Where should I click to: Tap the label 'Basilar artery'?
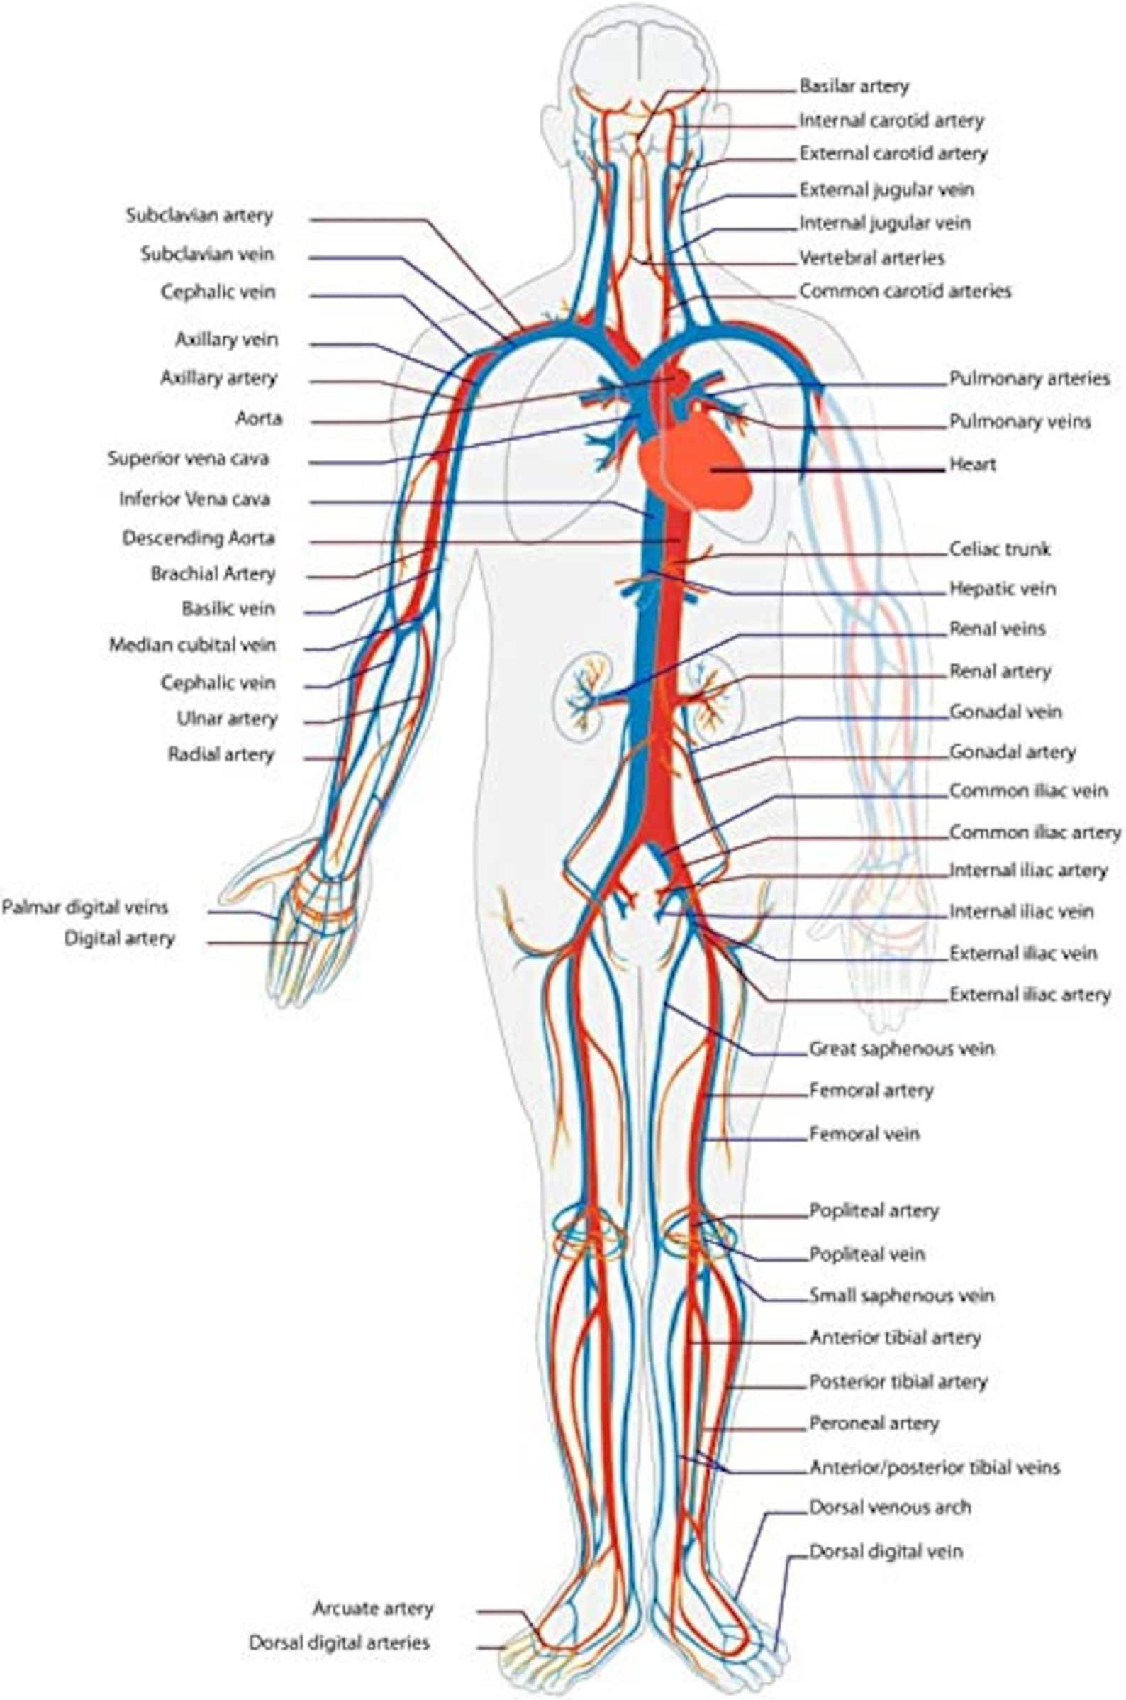pos(854,87)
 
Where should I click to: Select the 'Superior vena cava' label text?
pos(188,458)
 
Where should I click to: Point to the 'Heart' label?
pos(972,464)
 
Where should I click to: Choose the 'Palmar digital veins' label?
pos(85,907)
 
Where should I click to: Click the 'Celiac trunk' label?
pos(1000,549)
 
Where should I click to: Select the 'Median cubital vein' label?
pos(191,644)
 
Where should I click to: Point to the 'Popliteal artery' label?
pos(874,1210)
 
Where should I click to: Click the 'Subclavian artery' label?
pos(199,216)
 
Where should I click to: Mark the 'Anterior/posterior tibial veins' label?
pos(935,1447)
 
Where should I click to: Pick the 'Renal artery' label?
pos(1000,671)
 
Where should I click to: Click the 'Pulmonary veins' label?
pos(1020,421)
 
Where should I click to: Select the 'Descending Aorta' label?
pos(199,537)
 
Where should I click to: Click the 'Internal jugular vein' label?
pos(885,223)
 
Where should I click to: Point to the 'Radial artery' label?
pos(221,754)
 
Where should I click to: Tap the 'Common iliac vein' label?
pos(1028,791)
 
